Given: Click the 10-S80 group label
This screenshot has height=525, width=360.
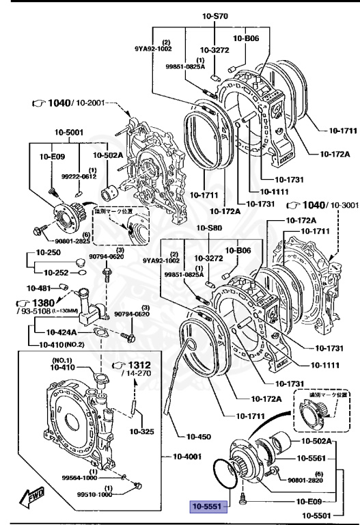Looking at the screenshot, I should (x=210, y=228).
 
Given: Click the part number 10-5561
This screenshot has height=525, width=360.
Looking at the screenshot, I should (x=314, y=458).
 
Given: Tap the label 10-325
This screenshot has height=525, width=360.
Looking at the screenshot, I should (x=142, y=431).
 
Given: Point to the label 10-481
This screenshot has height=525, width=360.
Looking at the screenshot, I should (x=39, y=288).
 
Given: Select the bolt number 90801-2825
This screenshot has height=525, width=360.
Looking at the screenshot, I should (x=64, y=241).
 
